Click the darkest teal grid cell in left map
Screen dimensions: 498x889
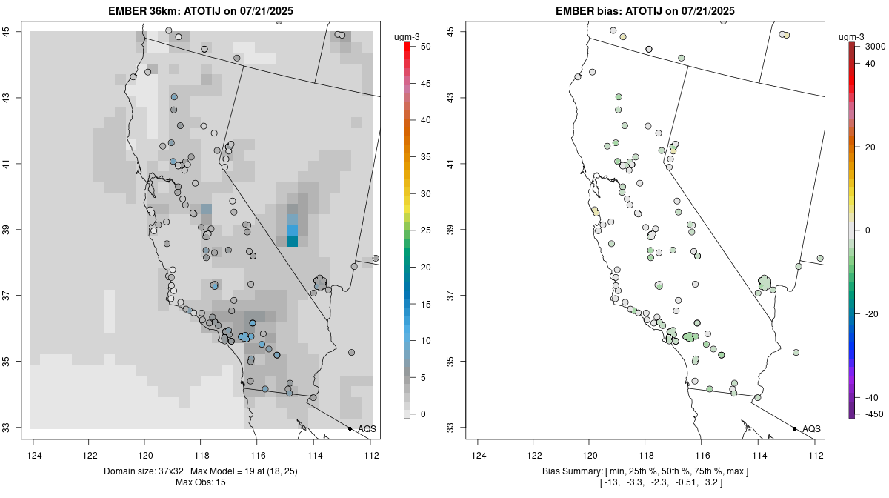coord(292,241)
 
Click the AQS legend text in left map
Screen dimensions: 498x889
coord(367,429)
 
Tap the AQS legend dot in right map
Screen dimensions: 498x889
coord(794,429)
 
